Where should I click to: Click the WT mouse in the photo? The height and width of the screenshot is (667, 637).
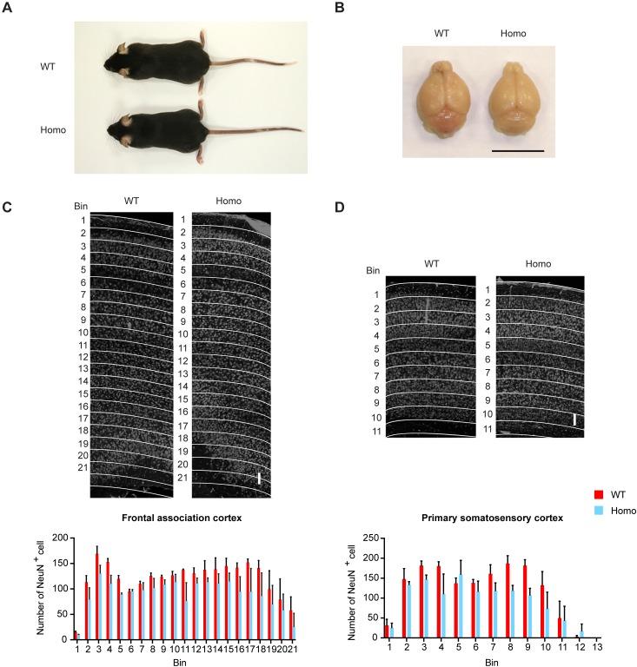tap(156, 63)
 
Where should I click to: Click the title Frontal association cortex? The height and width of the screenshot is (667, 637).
tap(177, 518)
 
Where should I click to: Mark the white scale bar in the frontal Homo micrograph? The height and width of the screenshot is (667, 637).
tap(259, 479)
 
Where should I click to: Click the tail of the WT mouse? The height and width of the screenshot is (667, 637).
tap(252, 63)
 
